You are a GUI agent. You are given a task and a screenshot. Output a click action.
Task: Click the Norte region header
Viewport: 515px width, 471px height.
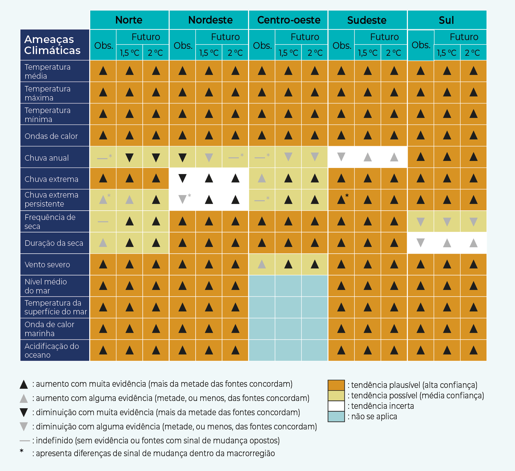(x=129, y=20)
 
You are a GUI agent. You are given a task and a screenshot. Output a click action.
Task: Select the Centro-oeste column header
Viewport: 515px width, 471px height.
(x=289, y=20)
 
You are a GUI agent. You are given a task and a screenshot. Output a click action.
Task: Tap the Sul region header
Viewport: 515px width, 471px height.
(x=446, y=20)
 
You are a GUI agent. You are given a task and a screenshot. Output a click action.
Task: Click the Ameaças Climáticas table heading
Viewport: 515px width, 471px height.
(x=52, y=45)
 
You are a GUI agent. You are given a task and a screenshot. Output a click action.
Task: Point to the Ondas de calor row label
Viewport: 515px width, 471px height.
(x=51, y=136)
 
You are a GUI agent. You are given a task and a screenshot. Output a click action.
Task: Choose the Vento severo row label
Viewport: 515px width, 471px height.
(x=47, y=264)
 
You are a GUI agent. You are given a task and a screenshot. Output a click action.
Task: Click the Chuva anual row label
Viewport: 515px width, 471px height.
(x=47, y=158)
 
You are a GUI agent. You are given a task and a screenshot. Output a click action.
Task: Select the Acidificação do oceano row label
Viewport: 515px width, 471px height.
(x=52, y=350)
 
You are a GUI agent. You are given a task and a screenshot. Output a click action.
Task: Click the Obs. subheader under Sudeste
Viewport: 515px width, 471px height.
(x=342, y=45)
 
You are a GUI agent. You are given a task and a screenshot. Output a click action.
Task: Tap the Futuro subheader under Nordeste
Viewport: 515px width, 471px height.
(x=225, y=37)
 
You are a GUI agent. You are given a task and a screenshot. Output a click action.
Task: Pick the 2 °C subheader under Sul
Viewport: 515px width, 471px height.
(x=473, y=53)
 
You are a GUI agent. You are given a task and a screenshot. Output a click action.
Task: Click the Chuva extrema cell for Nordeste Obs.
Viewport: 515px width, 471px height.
(x=183, y=178)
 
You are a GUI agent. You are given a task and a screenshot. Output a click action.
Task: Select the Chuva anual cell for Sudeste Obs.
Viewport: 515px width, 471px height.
(x=341, y=157)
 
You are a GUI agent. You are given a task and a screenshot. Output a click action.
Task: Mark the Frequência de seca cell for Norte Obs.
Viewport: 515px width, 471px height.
(x=103, y=221)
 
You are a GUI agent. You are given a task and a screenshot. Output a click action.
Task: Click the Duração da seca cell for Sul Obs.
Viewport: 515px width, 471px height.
(x=421, y=243)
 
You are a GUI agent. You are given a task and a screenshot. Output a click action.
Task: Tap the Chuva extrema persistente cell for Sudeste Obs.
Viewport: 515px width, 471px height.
(x=341, y=200)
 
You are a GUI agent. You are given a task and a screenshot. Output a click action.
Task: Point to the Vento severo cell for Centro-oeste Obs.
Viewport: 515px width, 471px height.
(x=262, y=264)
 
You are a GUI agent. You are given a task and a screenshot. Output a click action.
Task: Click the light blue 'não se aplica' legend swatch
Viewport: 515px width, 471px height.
(x=336, y=416)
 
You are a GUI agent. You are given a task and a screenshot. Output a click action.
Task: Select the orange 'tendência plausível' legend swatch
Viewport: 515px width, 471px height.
(x=336, y=385)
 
